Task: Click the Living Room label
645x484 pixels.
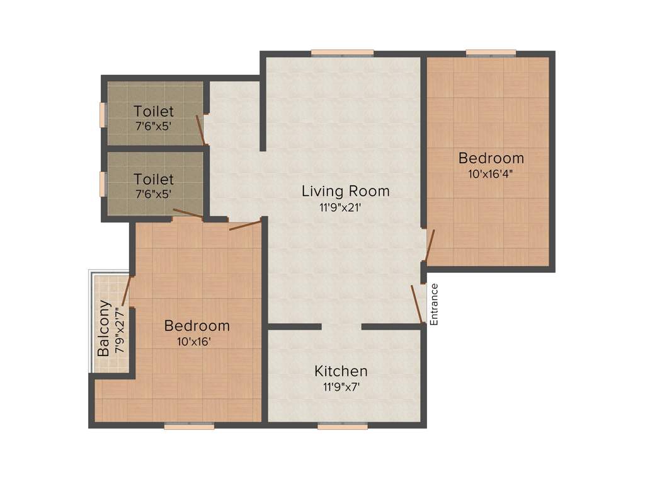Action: tap(345, 190)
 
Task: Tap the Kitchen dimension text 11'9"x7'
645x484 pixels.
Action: tap(341, 388)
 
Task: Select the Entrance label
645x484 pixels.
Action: tap(434, 304)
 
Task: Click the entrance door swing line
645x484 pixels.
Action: tap(417, 304)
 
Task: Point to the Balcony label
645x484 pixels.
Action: tap(105, 328)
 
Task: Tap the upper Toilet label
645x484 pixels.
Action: tap(154, 111)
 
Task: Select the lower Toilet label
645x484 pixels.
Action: tap(154, 180)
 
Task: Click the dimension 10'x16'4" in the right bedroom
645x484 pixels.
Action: tap(491, 175)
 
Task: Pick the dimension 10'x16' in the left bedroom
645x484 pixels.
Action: tap(197, 342)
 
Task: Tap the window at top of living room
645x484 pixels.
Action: tap(342, 53)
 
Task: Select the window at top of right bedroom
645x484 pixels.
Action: tap(491, 53)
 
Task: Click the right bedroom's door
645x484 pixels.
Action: tap(430, 246)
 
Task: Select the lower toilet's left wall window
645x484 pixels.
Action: tap(103, 184)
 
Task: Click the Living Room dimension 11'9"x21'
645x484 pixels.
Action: tap(345, 207)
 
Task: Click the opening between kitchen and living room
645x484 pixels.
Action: tap(341, 326)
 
